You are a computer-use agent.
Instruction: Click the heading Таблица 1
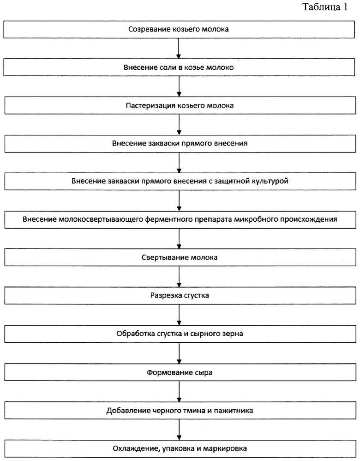tap(325, 7)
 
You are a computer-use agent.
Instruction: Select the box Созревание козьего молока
tap(179, 30)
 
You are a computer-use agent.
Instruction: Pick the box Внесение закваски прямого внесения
tap(180, 144)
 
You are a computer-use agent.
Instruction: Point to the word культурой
tap(270, 181)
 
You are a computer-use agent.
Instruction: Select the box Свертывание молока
tap(180, 258)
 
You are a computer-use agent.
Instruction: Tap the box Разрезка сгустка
tap(180, 296)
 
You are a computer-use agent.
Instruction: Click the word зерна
tap(234, 334)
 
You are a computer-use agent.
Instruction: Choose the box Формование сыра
tap(180, 372)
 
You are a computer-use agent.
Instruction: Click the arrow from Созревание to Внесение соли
tap(179, 49)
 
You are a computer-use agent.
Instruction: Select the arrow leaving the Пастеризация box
tap(179, 125)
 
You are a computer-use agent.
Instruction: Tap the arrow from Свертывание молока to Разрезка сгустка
tap(179, 277)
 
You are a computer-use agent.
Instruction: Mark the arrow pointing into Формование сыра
tap(179, 353)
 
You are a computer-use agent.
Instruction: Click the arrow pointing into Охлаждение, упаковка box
tap(179, 430)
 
